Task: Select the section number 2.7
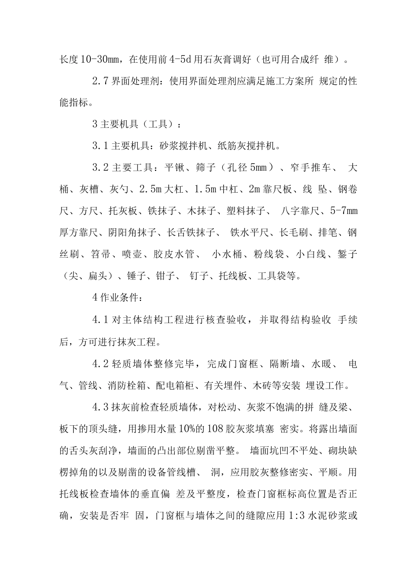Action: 100,81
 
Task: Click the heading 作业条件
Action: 121,298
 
